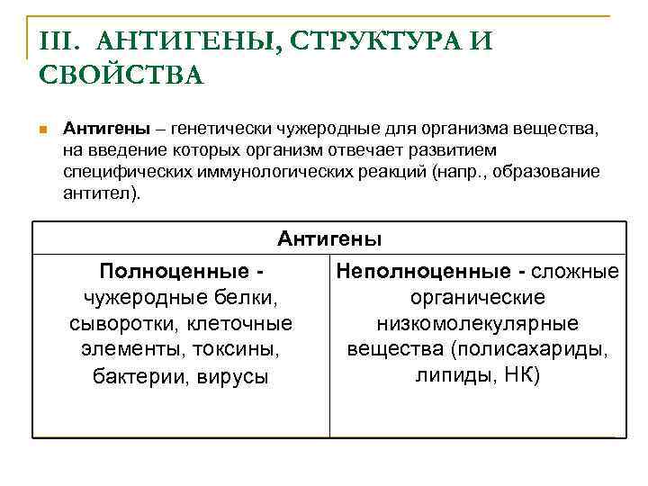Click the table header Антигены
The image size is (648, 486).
(329, 238)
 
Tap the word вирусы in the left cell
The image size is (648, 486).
(237, 376)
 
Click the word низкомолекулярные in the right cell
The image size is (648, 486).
(478, 323)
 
